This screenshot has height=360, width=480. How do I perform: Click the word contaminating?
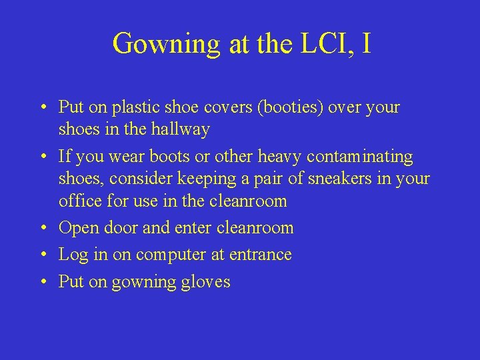[x=360, y=157]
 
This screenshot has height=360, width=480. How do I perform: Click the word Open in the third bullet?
[x=79, y=228]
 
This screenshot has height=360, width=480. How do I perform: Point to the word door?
[x=121, y=228]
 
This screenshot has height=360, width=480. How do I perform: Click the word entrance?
[x=259, y=255]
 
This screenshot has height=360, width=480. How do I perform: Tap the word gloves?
[x=206, y=282]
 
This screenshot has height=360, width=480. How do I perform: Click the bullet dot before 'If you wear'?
[x=43, y=157]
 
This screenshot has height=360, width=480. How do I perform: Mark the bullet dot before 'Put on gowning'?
[x=43, y=282]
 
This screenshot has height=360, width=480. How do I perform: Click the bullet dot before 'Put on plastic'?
[x=43, y=107]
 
